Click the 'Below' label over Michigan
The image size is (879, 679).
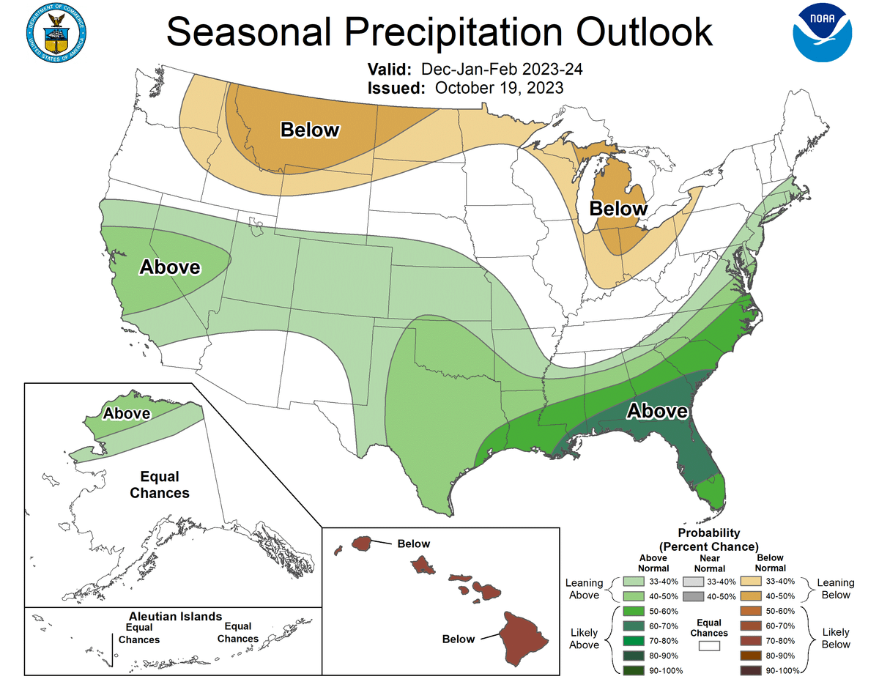coord(619,209)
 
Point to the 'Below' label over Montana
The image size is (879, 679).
coord(311,130)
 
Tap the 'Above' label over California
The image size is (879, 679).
coord(170,267)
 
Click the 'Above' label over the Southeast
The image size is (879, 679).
coord(658,412)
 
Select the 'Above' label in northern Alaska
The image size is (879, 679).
coord(127,414)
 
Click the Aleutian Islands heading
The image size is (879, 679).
coord(175,617)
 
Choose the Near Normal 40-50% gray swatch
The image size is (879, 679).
coord(691,595)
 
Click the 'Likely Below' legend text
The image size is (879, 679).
coord(836,638)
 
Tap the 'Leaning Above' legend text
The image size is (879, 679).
coord(584,588)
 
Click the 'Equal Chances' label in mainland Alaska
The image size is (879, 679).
coord(160,485)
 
